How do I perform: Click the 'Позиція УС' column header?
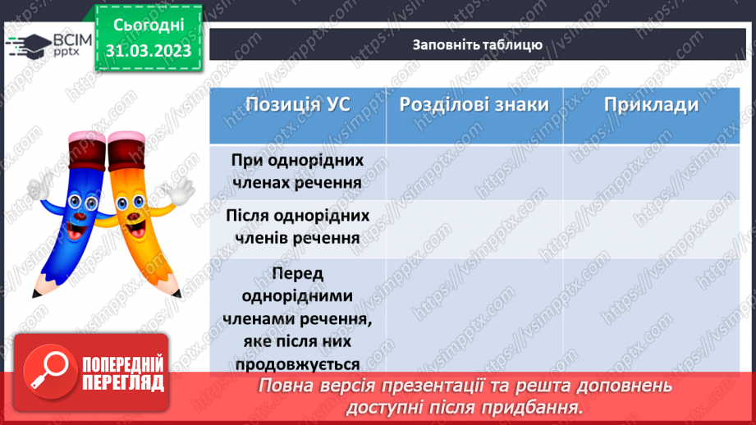298,105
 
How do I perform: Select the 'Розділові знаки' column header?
474,105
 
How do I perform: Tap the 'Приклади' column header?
651,105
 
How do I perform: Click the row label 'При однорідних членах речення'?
297,171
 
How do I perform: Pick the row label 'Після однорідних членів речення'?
297,226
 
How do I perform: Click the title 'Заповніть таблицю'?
477,44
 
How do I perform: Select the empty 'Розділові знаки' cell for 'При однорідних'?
474,171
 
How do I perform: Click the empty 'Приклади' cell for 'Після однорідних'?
651,226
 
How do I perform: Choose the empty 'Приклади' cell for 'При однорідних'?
651,171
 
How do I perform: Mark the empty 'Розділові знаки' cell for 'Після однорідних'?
474,226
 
